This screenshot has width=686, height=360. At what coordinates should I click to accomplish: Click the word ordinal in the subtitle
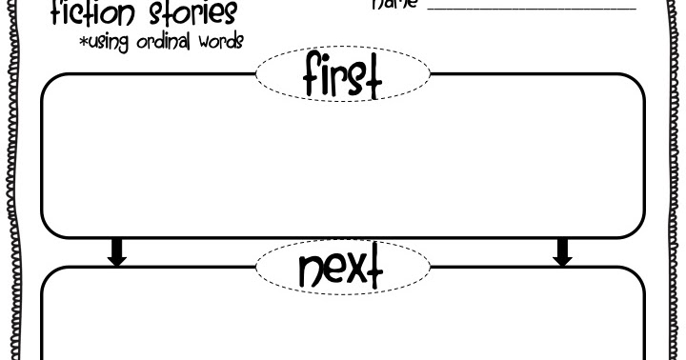point(163,41)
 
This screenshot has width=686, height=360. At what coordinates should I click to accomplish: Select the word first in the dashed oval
point(343,75)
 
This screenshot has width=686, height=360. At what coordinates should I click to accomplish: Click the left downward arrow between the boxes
point(117,251)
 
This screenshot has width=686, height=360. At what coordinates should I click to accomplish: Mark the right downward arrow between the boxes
point(563,251)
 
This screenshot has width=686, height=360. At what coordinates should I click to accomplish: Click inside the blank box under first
point(343,162)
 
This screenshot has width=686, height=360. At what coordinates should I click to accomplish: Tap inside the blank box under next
point(343,324)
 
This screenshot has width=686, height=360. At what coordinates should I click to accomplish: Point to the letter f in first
point(313,75)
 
